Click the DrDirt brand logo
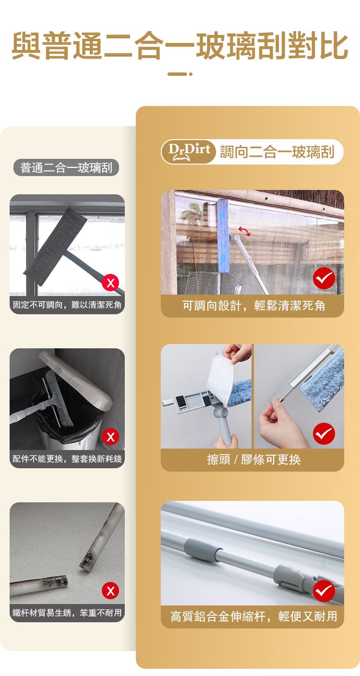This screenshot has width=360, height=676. (189, 152)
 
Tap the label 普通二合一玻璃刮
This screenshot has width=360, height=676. (66, 167)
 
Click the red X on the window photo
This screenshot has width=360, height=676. (110, 283)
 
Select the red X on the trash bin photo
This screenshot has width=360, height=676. (110, 437)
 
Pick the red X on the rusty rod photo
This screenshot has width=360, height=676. (110, 591)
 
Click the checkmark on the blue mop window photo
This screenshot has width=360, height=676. (324, 278)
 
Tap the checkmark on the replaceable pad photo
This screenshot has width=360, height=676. (324, 434)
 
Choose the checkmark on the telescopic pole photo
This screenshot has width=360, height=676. (324, 591)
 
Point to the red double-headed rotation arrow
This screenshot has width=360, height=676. (244, 231)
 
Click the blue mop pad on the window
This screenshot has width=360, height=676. (223, 236)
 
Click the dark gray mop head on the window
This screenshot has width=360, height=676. (55, 246)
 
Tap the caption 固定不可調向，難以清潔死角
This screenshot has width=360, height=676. (67, 305)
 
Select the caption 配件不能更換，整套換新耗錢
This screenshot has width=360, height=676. (67, 459)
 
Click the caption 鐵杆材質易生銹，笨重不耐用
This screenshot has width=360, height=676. (67, 613)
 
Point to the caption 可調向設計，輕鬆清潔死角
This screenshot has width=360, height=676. (254, 306)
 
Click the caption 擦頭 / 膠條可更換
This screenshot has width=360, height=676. (254, 460)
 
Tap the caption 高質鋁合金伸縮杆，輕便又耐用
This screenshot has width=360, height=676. (254, 616)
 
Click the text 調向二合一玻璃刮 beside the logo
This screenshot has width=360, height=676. (277, 152)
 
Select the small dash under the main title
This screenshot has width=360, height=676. (180, 74)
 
